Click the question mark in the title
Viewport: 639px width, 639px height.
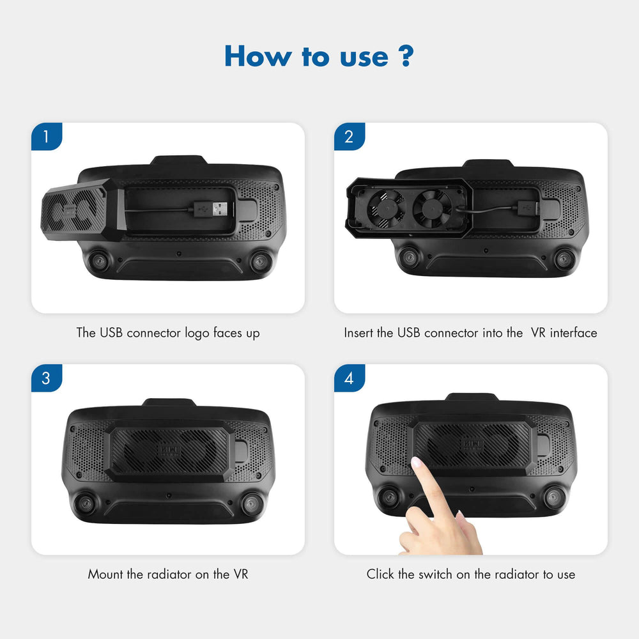404,56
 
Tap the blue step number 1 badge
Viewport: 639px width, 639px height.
46,137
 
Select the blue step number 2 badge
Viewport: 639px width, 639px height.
349,137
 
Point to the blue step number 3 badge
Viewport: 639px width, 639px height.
46,378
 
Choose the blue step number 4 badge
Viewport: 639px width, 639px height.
349,378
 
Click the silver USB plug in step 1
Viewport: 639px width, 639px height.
219,208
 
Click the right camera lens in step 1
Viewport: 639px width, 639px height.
260,261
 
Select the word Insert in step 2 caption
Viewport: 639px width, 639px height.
359,333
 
